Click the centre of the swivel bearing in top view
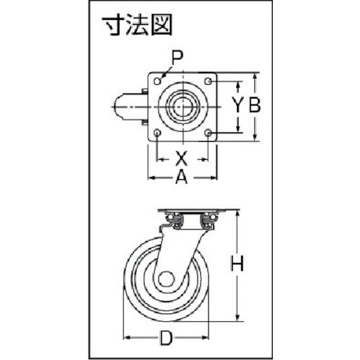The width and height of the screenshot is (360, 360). (183, 107)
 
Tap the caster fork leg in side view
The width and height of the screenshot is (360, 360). (173, 248)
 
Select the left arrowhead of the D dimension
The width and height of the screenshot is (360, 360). (127, 336)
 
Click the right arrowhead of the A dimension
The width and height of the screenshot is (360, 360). (216, 176)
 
